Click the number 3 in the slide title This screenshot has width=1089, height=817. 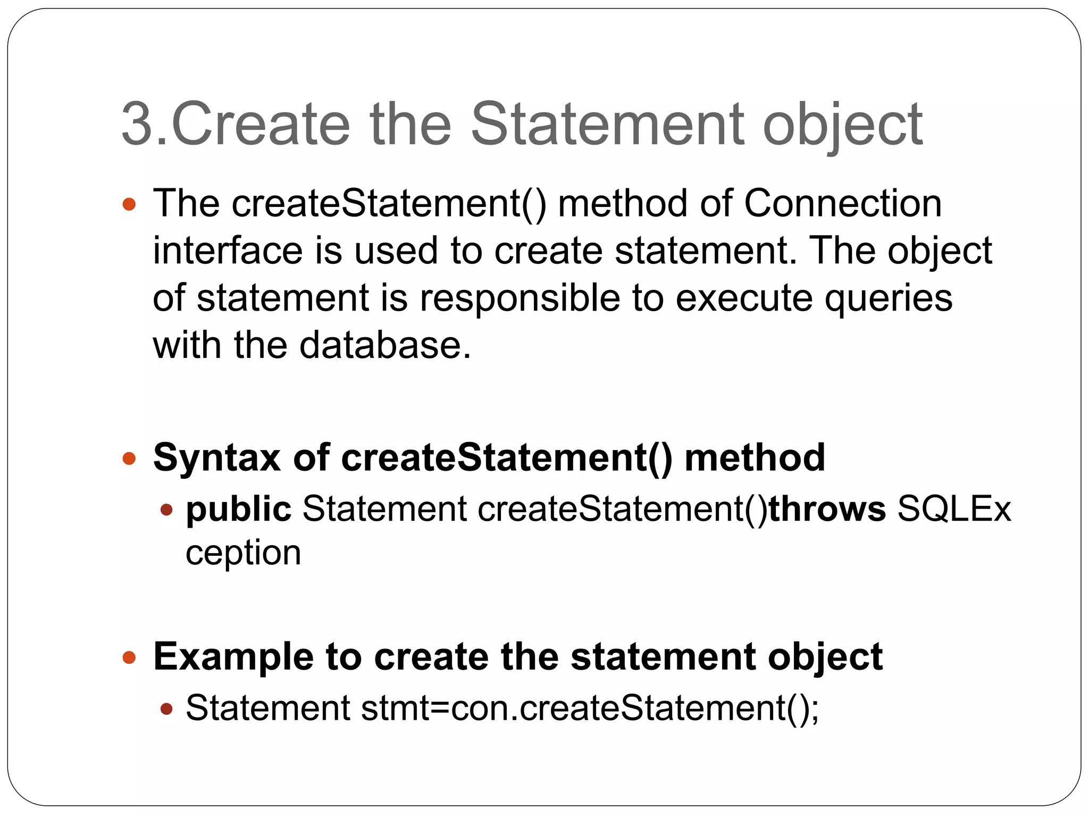click(x=138, y=124)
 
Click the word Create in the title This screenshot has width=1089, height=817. click(x=261, y=124)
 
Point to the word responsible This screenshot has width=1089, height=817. click(x=520, y=298)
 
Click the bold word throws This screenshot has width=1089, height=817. click(x=827, y=509)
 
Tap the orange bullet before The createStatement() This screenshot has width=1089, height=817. click(x=129, y=204)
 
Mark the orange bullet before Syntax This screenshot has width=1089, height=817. click(x=129, y=458)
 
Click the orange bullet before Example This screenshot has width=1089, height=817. click(x=129, y=657)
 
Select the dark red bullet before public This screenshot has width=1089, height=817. click(x=166, y=510)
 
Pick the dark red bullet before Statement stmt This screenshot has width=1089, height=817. click(x=166, y=708)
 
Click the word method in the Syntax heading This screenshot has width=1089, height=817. click(x=755, y=457)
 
